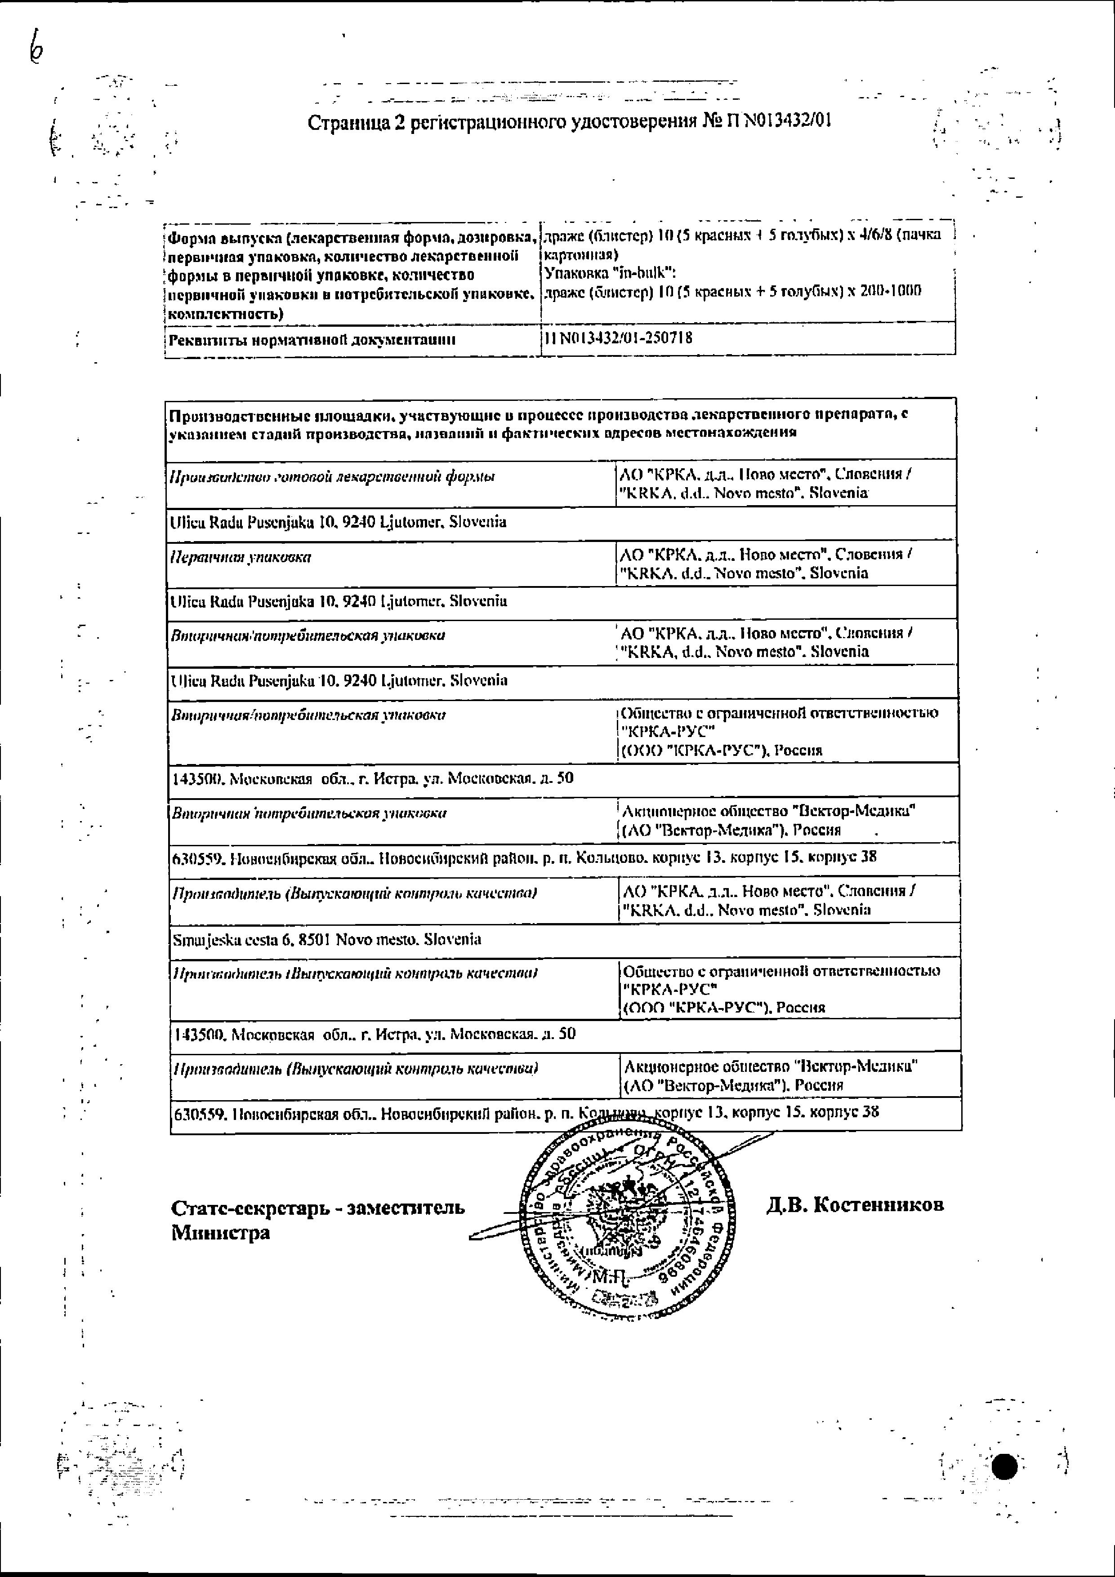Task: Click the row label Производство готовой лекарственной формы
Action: click(332, 477)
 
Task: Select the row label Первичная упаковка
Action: click(241, 557)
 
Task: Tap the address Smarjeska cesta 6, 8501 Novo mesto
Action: click(326, 939)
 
